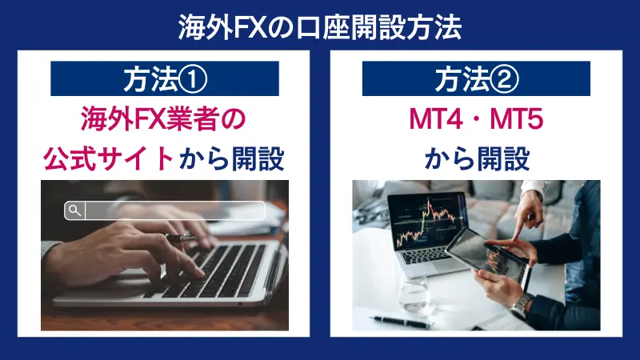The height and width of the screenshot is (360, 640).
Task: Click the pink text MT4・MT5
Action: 476,120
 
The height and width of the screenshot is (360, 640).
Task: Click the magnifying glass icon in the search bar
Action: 74,210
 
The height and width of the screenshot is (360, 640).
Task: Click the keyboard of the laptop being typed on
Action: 216,268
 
